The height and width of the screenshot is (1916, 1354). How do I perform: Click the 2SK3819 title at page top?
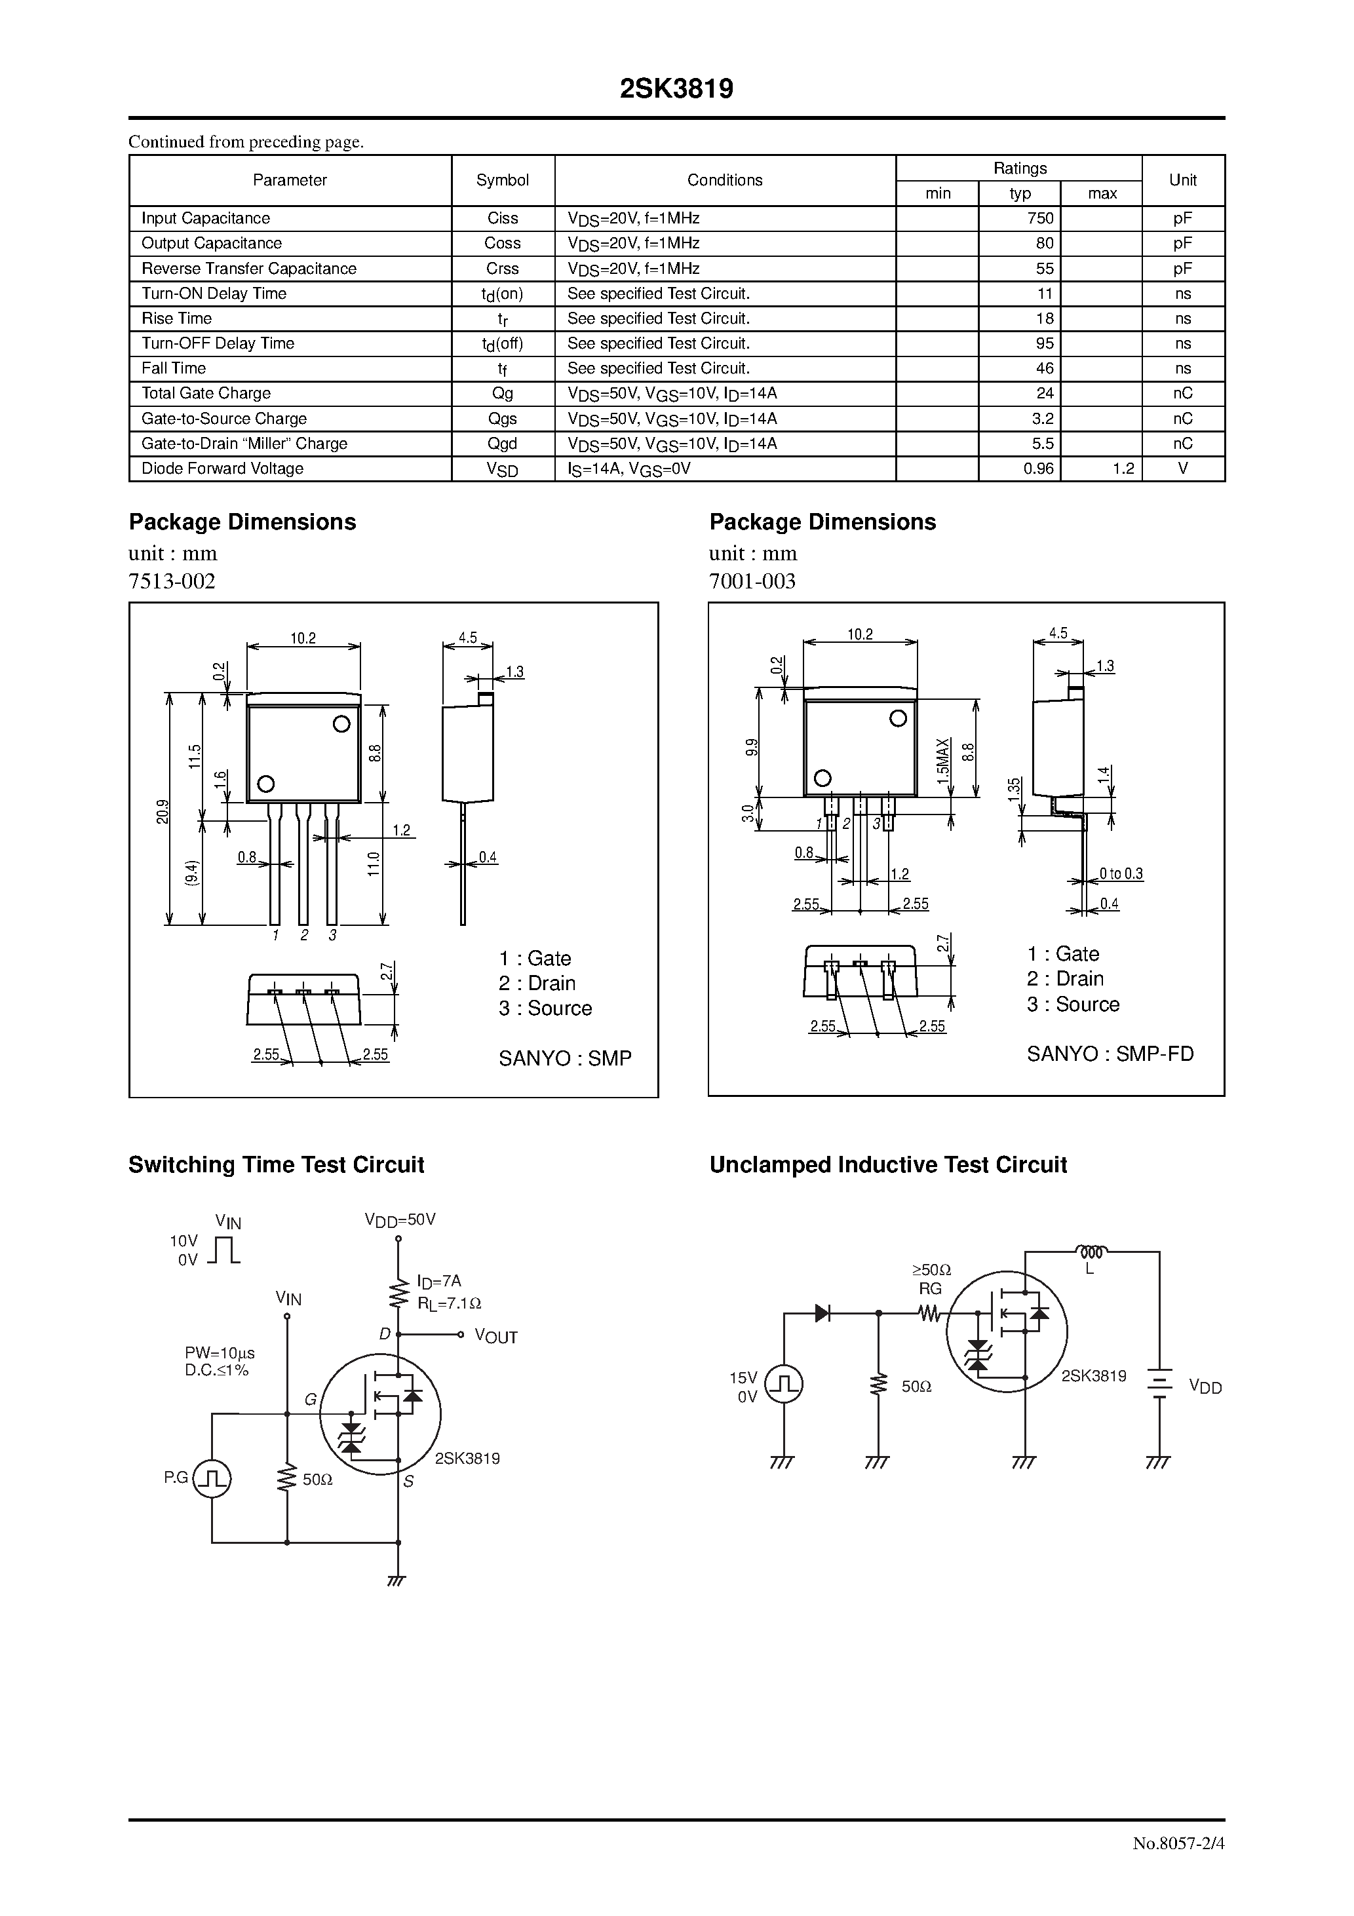point(676,89)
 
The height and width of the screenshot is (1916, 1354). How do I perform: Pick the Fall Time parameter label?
point(174,368)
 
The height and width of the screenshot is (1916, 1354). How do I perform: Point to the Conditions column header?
point(725,180)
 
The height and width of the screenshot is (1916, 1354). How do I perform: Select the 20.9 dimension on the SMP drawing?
point(163,811)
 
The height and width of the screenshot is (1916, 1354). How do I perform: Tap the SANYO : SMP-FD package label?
point(1110,1054)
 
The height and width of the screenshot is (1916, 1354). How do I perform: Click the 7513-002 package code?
point(172,582)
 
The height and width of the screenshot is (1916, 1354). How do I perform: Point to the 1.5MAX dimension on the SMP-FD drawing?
point(943,760)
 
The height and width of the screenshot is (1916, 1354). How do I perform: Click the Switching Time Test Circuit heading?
point(277,1165)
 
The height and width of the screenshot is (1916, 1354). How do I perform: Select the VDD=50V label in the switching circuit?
point(400,1220)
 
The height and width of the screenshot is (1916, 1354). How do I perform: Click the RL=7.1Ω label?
point(449,1303)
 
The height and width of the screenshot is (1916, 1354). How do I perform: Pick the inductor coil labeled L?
point(1091,1252)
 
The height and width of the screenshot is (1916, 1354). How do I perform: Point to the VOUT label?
point(496,1337)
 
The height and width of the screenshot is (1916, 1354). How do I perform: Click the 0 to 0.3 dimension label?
point(1120,873)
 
